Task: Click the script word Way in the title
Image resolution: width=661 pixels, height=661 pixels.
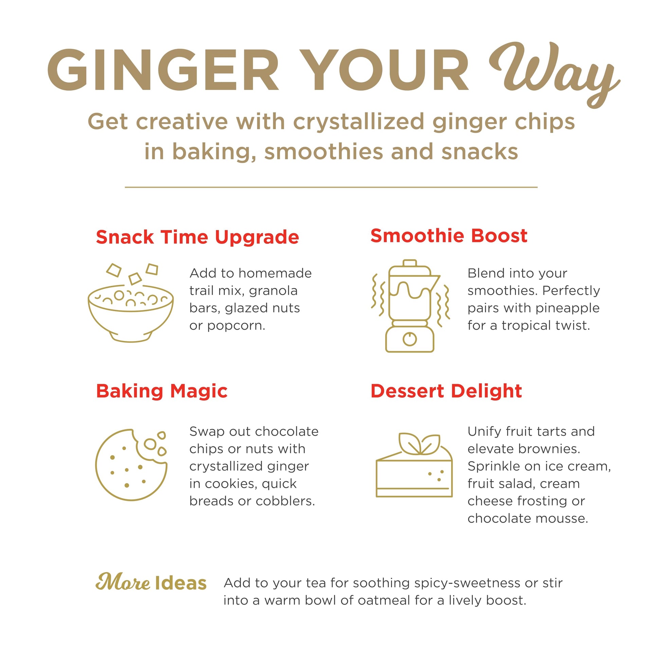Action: pos(554,74)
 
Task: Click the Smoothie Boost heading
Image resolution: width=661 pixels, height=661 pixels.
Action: pos(449,236)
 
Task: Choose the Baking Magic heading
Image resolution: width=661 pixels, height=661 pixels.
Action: pos(162,391)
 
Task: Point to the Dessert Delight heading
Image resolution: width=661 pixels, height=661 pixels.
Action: pos(446,391)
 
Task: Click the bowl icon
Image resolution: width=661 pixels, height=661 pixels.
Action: pos(131,302)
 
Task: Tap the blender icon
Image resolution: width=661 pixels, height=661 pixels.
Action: pos(410,306)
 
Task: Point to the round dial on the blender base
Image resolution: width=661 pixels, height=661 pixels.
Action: pos(410,339)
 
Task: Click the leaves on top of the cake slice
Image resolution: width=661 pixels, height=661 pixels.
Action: pos(419,444)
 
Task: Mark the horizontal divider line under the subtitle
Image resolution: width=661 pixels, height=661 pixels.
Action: pos(331,187)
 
